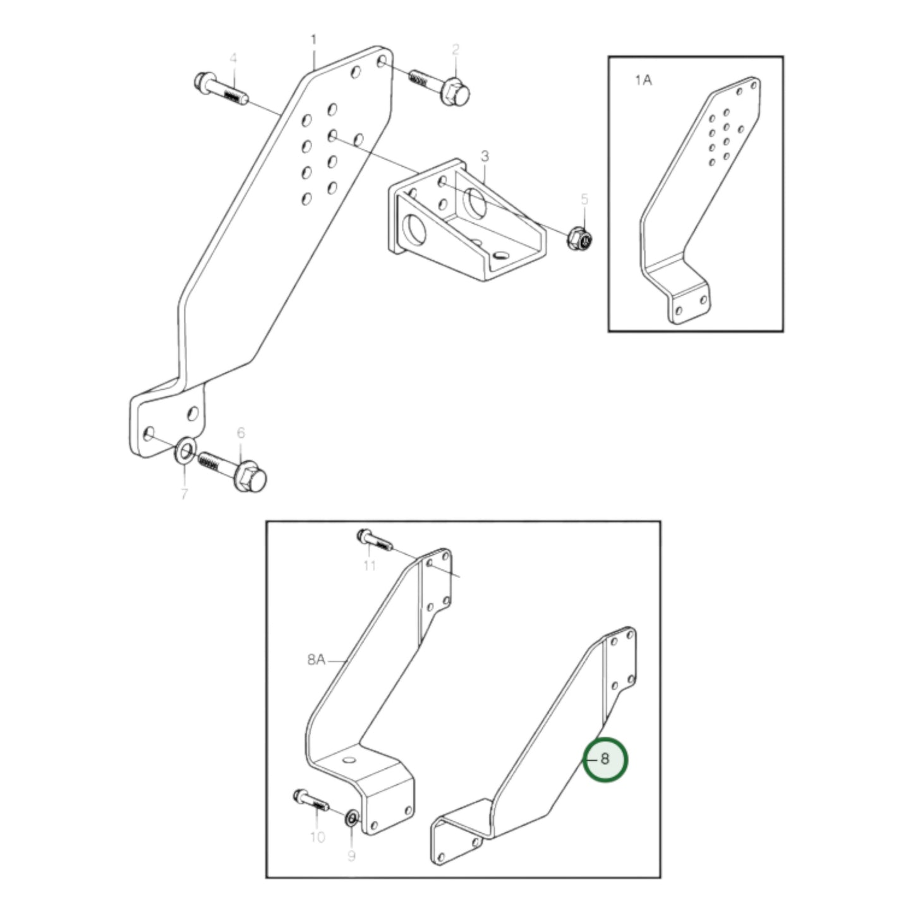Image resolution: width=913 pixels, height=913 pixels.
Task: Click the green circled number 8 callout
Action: point(605,759)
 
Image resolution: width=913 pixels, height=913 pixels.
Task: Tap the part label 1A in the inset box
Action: point(643,80)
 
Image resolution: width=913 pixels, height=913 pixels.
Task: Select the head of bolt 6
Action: point(251,478)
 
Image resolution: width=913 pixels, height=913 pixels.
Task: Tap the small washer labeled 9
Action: point(351,821)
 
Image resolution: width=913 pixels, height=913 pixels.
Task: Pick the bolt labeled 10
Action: point(310,802)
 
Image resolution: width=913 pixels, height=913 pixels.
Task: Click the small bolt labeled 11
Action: point(375,539)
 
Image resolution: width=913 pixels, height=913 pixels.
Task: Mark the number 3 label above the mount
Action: point(485,155)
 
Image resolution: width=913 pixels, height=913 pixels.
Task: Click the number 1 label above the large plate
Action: point(313,40)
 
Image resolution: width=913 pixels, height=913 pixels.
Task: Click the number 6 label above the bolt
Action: point(241,433)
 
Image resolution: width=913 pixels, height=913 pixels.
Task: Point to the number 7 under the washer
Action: point(184,493)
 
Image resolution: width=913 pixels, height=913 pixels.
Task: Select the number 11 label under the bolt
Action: point(369,564)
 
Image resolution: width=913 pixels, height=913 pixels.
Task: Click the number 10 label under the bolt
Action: point(317,837)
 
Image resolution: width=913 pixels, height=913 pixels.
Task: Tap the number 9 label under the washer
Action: point(351,856)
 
